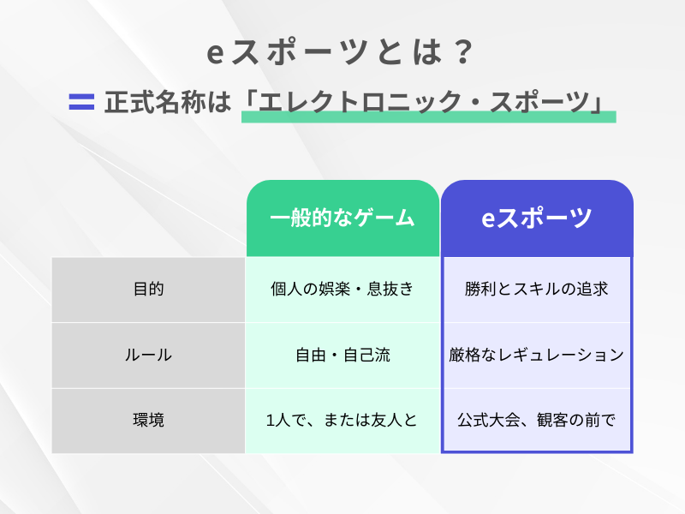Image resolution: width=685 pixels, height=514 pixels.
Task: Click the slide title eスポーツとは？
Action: click(342, 54)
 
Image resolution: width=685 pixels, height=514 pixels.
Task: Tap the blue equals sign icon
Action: click(80, 102)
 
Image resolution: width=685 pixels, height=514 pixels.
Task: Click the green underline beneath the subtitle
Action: click(428, 117)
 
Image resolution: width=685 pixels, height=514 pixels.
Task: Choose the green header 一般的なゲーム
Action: click(342, 218)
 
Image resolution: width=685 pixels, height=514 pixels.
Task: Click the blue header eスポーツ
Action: click(537, 218)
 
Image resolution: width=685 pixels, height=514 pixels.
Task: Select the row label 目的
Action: click(148, 290)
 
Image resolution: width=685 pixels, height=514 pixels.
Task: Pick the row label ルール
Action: click(148, 355)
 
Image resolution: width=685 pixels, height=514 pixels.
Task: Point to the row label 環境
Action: click(148, 421)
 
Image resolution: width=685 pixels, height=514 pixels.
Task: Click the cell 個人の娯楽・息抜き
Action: click(342, 290)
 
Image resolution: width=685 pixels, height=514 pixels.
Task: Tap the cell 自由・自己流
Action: click(342, 355)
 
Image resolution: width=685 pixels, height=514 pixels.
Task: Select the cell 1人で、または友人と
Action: click(342, 421)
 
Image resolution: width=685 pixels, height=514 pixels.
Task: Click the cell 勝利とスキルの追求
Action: click(537, 290)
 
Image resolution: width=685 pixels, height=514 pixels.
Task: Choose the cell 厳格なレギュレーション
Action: click(537, 355)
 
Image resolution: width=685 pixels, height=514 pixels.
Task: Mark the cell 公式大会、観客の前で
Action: click(537, 421)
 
